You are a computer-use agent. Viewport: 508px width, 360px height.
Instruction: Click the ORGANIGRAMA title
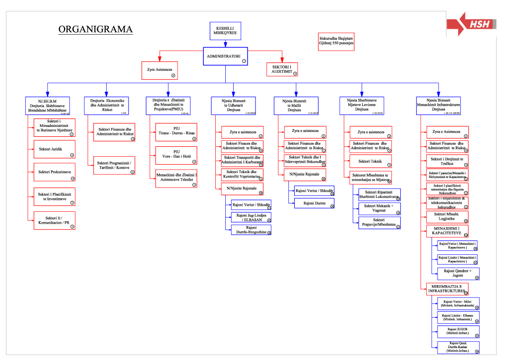(x=95, y=29)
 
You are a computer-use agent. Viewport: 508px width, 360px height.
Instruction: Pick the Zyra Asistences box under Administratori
(x=160, y=70)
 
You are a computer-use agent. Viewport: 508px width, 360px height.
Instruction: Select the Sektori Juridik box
(x=54, y=149)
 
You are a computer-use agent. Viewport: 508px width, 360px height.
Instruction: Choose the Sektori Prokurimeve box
(x=54, y=172)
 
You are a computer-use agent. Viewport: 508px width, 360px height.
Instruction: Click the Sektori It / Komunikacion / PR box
(x=54, y=220)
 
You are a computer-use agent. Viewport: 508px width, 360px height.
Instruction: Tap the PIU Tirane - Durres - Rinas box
(x=176, y=132)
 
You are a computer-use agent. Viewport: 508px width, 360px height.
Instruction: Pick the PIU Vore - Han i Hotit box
(x=176, y=155)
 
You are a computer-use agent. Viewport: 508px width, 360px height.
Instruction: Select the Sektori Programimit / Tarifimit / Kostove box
(x=115, y=165)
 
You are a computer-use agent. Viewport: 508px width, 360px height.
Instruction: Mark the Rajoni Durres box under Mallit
(x=314, y=203)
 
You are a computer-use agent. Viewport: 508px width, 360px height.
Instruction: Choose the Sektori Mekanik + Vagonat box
(x=380, y=208)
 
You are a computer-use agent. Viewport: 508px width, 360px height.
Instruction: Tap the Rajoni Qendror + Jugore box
(x=458, y=274)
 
